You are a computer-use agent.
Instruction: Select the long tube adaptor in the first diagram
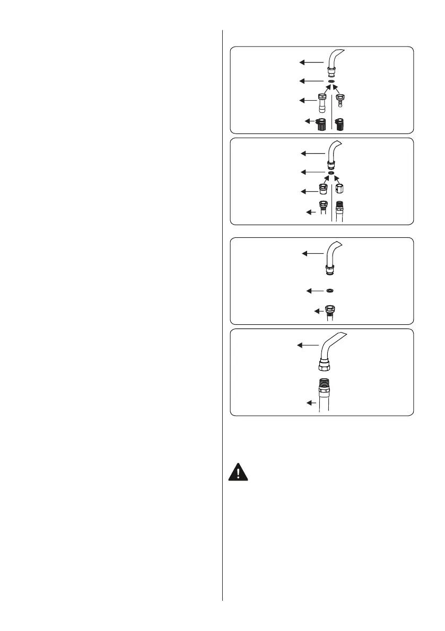click(321, 103)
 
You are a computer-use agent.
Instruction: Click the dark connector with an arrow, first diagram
click(321, 125)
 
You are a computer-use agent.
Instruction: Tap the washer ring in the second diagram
click(330, 172)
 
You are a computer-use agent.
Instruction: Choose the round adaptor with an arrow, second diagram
click(322, 189)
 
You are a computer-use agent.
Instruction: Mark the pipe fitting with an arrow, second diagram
click(322, 210)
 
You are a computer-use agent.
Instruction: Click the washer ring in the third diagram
click(330, 291)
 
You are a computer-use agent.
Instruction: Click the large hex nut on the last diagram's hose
click(325, 366)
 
